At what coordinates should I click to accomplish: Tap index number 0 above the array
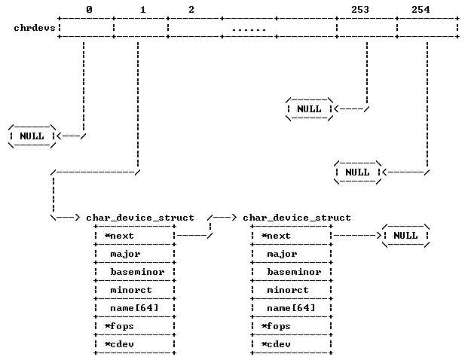(90, 10)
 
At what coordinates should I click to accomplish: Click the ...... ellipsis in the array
(249, 29)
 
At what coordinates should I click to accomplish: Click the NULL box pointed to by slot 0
(32, 136)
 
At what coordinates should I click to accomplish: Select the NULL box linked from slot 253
(309, 109)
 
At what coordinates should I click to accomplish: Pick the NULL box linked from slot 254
(357, 172)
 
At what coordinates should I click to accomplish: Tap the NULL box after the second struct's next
(405, 236)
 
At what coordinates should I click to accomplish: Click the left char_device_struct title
(140, 218)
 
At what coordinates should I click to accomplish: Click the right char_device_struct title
(297, 218)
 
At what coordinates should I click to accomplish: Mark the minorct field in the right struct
(285, 290)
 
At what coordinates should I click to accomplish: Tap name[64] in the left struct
(134, 308)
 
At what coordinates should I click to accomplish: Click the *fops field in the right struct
(276, 326)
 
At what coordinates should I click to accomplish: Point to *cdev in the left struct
(119, 344)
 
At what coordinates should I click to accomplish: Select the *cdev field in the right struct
(276, 344)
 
